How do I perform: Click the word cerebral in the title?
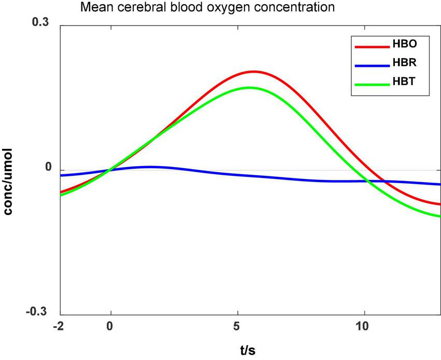pyautogui.click(x=136, y=8)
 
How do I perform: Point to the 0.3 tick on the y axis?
pyautogui.click(x=42, y=23)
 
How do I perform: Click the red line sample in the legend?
pyautogui.click(x=371, y=46)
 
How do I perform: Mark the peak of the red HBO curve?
pyautogui.click(x=253, y=72)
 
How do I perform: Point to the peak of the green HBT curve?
pyautogui.click(x=249, y=87)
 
